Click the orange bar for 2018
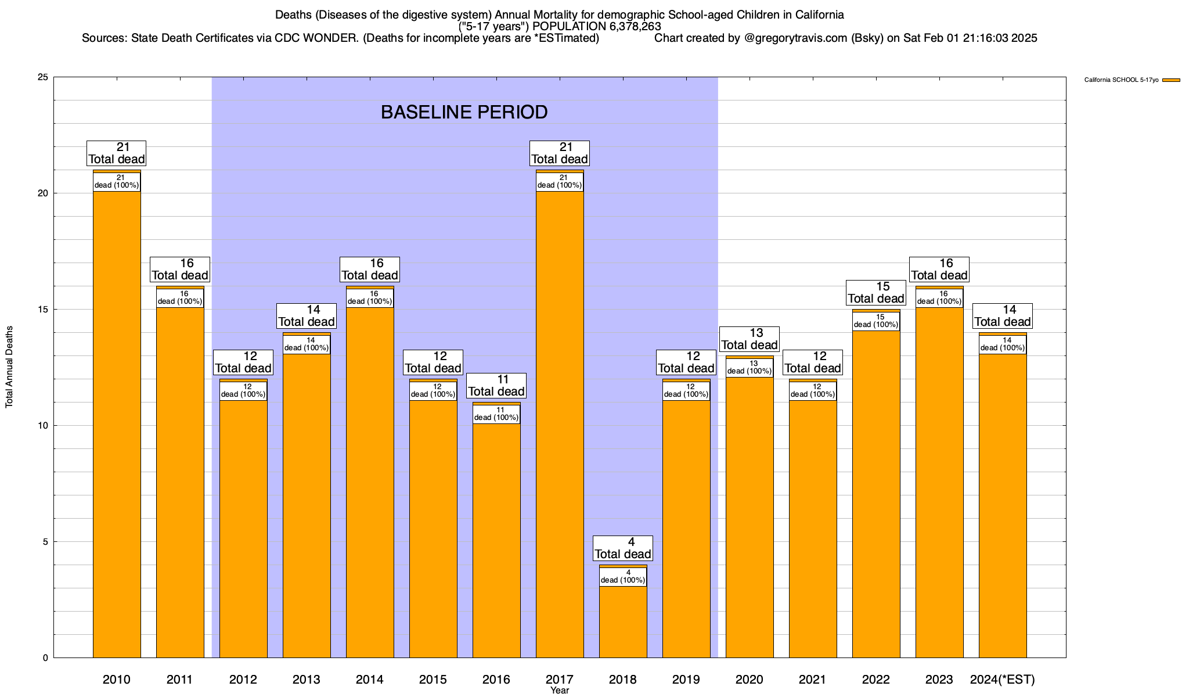[623, 621]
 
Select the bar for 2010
[117, 424]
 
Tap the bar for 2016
[496, 540]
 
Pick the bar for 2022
[876, 494]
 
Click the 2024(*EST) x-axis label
[1003, 680]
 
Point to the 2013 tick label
[307, 680]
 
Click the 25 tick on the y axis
[43, 77]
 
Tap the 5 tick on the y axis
[46, 542]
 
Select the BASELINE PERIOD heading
[464, 112]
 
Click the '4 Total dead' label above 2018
[623, 548]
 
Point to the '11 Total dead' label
[496, 386]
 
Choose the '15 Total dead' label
[876, 293]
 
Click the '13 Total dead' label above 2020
[750, 339]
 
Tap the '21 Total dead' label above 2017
[560, 153]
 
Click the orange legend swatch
[1171, 80]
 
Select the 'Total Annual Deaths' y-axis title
[9, 367]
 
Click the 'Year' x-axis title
[560, 691]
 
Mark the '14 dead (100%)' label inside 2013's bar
[307, 344]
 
